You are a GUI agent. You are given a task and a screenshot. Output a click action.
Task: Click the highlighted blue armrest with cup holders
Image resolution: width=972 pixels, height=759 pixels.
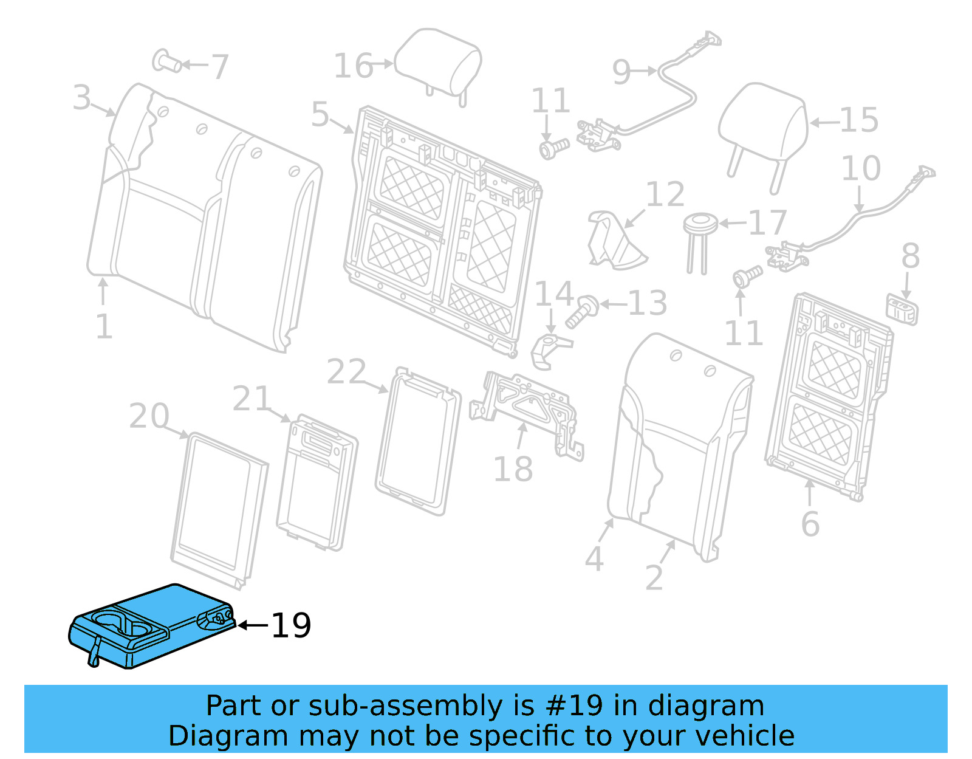tap(152, 626)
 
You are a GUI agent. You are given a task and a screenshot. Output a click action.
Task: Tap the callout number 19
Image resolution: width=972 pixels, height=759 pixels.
tap(291, 625)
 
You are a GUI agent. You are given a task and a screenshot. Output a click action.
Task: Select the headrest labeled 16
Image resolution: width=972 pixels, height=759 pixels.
tap(439, 63)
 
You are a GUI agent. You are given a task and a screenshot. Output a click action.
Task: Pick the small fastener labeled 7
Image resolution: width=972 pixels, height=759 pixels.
tap(166, 61)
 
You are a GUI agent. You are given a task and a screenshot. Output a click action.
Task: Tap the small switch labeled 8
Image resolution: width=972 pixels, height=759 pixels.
tap(903, 309)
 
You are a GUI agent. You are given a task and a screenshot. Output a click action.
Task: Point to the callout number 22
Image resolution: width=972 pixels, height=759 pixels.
tap(346, 372)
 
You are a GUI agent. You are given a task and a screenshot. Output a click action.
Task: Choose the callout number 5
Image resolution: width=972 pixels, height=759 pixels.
tap(320, 114)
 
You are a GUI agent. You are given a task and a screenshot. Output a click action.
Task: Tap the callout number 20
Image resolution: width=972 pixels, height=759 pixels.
tap(149, 416)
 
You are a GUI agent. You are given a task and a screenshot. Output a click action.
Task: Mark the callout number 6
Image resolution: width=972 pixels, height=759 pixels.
tap(810, 524)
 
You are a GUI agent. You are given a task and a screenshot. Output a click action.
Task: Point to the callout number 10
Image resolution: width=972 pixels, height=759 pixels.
tap(860, 168)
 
